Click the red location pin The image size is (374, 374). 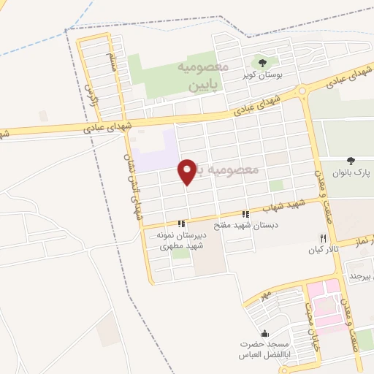(x=186, y=171)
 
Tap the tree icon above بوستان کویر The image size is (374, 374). (x=263, y=62)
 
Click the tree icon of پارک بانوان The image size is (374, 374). (x=351, y=161)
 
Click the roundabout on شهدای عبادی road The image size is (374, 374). (x=302, y=92)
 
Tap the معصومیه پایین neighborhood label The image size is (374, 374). (x=204, y=76)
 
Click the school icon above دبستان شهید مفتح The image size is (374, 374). (x=245, y=215)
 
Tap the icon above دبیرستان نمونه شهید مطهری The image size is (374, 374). (x=180, y=224)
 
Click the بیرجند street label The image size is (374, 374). (x=362, y=276)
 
